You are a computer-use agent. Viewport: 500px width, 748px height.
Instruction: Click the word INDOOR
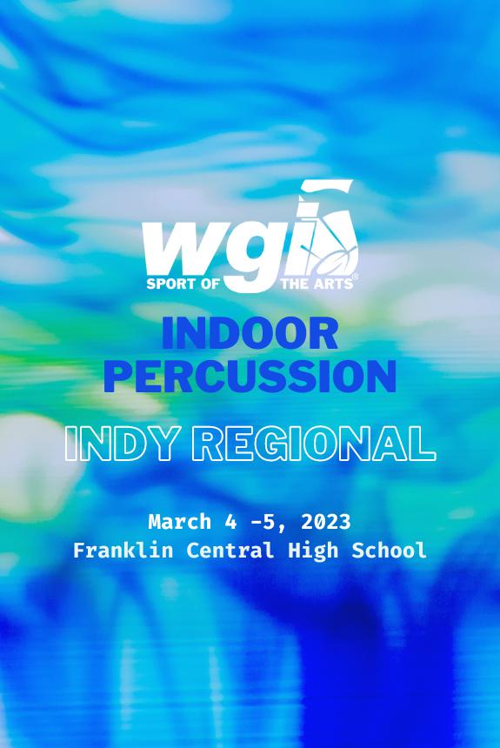[x=250, y=335]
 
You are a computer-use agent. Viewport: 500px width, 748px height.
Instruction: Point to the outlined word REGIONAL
[x=314, y=443]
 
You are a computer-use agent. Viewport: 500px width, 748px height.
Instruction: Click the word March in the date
[x=180, y=522]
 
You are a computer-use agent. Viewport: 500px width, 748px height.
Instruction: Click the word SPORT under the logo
[x=165, y=284]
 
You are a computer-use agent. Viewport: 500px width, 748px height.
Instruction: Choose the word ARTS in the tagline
[x=330, y=284]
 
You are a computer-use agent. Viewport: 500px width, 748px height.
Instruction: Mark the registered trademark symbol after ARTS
[x=353, y=278]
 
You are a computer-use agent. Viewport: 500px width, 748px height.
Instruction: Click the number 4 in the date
[x=229, y=522]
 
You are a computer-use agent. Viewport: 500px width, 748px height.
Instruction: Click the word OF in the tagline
[x=206, y=284]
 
